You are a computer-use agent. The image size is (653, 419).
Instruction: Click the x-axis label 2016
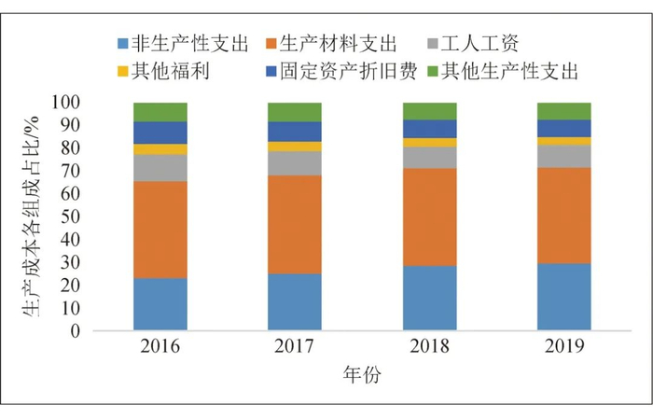[x=160, y=347]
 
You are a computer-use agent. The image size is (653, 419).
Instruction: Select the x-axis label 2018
[x=429, y=347]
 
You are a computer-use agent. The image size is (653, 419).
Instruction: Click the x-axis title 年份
[x=362, y=375]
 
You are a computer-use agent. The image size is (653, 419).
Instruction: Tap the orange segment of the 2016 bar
[x=160, y=230]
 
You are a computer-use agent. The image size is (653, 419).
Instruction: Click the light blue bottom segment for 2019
[x=563, y=297]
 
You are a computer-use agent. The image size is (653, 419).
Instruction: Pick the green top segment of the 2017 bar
[x=295, y=112]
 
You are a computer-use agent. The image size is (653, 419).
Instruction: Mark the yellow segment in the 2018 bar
[x=429, y=143]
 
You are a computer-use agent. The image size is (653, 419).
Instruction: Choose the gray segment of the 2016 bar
[x=160, y=168]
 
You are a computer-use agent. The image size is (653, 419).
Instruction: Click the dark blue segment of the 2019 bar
[x=563, y=129]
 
